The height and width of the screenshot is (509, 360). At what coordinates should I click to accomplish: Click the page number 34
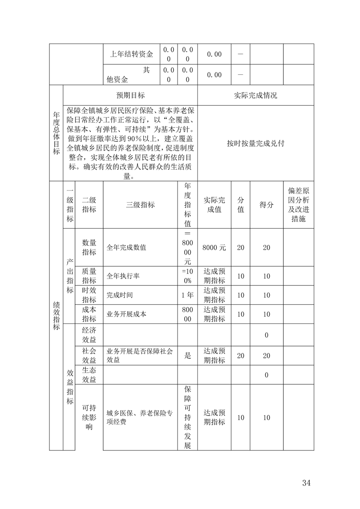tap(306, 482)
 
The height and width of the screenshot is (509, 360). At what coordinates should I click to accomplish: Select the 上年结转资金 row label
tap(131, 54)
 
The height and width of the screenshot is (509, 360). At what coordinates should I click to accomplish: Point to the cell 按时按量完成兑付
tap(255, 143)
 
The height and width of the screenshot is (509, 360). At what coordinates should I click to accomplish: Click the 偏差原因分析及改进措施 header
tap(298, 204)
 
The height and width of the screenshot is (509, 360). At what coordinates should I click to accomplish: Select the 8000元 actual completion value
tap(214, 248)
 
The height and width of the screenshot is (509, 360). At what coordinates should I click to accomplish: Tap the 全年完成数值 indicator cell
tap(127, 248)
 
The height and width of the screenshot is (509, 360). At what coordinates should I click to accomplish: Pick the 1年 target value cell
tap(187, 295)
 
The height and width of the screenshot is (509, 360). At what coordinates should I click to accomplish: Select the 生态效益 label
tap(89, 375)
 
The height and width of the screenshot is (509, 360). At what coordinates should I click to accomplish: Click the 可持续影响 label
tap(89, 417)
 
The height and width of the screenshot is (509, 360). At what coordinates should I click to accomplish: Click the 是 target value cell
tap(187, 356)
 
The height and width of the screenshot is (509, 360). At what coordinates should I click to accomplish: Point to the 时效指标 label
tap(89, 295)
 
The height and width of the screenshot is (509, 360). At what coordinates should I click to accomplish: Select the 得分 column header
tap(266, 205)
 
